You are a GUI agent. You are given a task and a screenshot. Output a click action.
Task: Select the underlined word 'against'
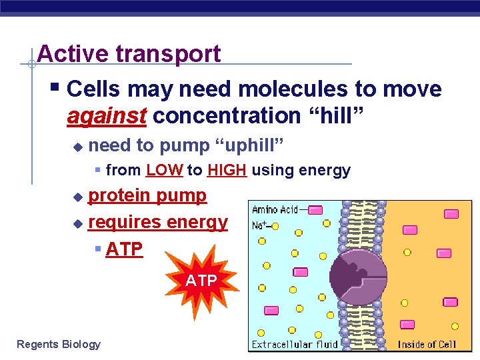107,116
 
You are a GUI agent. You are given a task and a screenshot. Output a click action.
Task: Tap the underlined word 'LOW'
164,171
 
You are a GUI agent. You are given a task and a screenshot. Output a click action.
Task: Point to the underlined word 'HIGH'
227,171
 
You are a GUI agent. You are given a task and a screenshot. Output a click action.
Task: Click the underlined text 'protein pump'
147,195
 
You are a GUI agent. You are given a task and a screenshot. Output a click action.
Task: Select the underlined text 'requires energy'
158,222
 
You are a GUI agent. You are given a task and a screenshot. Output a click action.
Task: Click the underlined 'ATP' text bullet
124,249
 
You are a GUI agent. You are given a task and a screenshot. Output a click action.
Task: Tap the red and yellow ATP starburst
201,281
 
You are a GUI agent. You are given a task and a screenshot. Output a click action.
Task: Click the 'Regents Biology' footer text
59,344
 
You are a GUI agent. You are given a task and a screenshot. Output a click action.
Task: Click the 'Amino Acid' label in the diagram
275,210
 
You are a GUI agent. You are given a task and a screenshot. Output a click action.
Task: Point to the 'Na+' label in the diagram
260,226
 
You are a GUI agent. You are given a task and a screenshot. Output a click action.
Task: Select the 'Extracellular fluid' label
294,344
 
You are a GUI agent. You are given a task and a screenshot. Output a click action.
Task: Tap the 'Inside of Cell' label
427,344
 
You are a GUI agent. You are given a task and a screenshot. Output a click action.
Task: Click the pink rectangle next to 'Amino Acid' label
315,210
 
